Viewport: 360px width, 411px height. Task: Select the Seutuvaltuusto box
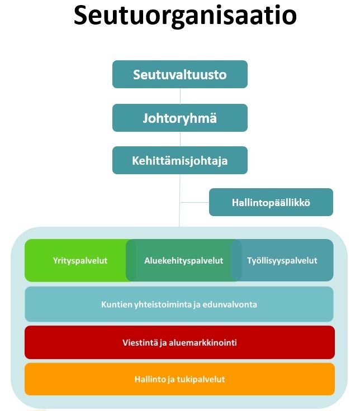click(180, 74)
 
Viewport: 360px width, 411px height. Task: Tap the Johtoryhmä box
click(180, 118)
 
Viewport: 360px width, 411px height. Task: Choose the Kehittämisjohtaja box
click(180, 160)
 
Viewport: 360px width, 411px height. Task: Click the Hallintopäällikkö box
click(271, 202)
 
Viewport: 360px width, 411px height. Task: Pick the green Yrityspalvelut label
click(80, 261)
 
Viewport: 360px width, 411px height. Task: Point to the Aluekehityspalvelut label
click(184, 261)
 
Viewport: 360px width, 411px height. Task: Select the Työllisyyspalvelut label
click(282, 261)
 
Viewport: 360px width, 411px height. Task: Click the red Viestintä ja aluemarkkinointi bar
click(180, 342)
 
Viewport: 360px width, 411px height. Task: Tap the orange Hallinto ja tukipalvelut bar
click(180, 379)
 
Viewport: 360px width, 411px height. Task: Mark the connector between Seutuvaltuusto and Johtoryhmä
click(180, 96)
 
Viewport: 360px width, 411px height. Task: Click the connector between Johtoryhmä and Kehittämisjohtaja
click(180, 139)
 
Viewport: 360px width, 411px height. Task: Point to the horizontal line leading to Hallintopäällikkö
click(195, 202)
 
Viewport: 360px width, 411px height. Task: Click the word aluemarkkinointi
click(202, 342)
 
